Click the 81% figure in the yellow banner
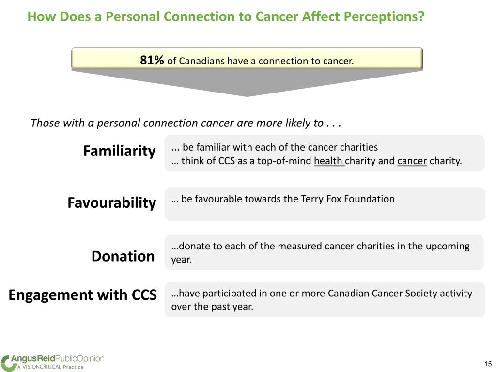click(152, 60)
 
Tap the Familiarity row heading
click(120, 151)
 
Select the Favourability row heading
click(112, 203)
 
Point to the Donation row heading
click(123, 256)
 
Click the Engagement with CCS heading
click(82, 295)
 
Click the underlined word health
click(329, 161)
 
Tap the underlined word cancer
click(412, 161)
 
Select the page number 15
click(488, 364)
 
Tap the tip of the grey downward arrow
click(247, 96)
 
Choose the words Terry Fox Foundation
click(348, 199)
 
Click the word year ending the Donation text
click(182, 260)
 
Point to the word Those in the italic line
click(42, 123)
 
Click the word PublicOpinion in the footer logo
click(80, 359)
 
